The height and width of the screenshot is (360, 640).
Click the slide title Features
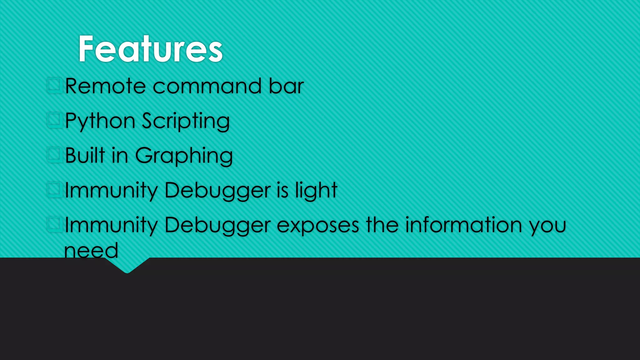(150, 49)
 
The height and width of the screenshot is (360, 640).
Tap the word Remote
(105, 86)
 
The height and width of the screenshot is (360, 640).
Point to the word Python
(100, 121)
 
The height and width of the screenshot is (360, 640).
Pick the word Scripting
(186, 121)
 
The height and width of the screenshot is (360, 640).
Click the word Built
(85, 155)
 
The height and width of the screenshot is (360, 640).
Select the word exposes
(318, 225)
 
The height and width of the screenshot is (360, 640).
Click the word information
(463, 225)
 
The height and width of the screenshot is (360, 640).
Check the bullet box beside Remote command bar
(54, 85)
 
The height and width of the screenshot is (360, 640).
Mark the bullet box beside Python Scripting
(54, 120)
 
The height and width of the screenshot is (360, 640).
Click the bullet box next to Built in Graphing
(54, 154)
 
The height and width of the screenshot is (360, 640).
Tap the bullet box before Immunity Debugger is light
(54, 189)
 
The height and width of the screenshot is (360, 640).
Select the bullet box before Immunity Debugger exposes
(54, 224)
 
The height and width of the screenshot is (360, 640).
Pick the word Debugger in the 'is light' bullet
(217, 190)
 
